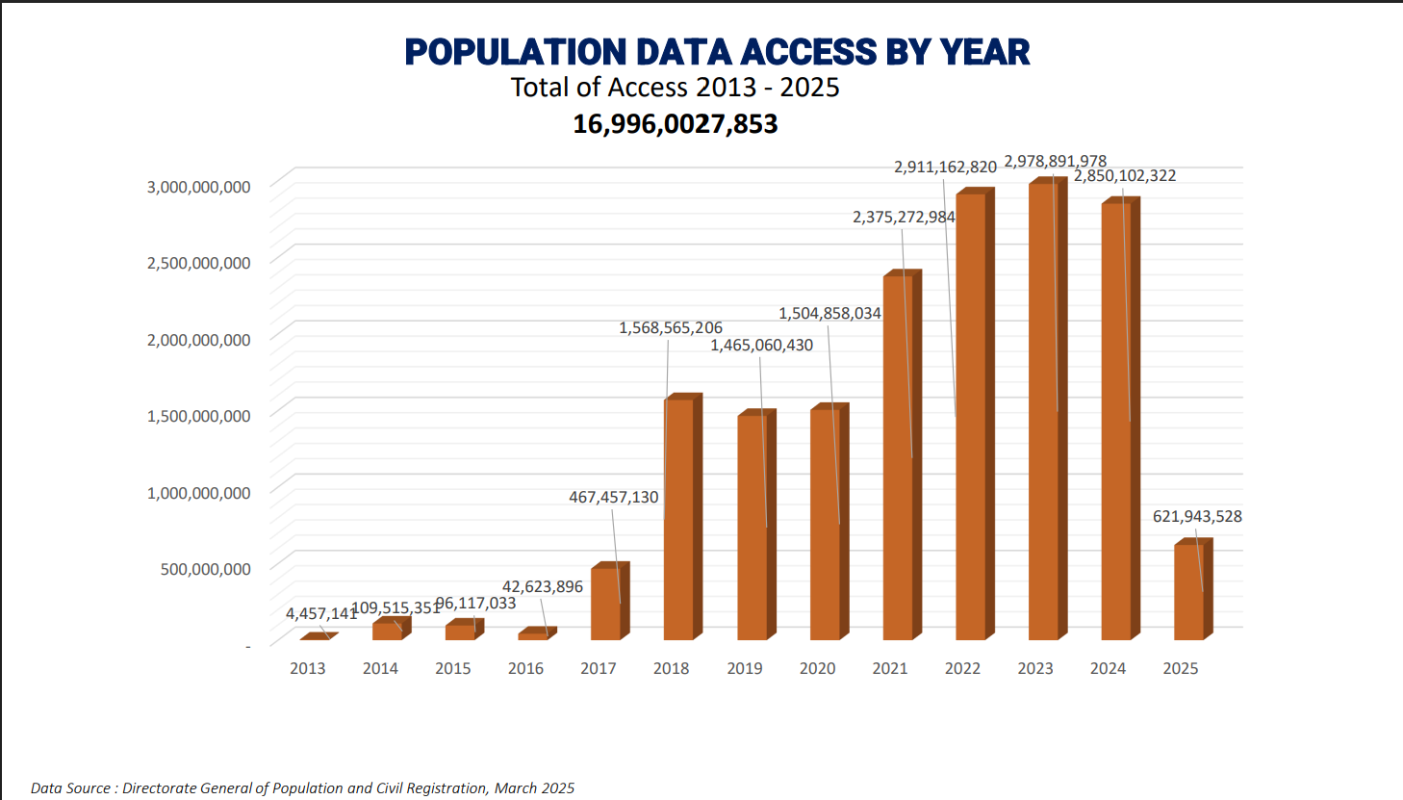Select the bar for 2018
[678, 520]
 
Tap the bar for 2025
[1188, 592]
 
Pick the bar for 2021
[898, 458]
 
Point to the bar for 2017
[605, 604]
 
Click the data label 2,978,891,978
[1055, 161]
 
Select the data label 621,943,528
[1197, 517]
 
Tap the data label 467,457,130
[613, 498]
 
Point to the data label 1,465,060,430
[761, 346]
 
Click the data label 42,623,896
[543, 587]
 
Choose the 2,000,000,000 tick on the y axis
[198, 340]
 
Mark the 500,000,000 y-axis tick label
[205, 569]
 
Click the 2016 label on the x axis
[525, 668]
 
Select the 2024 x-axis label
[1108, 668]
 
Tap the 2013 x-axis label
[308, 668]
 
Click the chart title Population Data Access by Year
[717, 52]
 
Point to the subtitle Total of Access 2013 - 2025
[675, 88]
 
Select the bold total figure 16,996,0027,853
[675, 124]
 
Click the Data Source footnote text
[302, 788]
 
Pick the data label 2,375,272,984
[904, 218]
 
